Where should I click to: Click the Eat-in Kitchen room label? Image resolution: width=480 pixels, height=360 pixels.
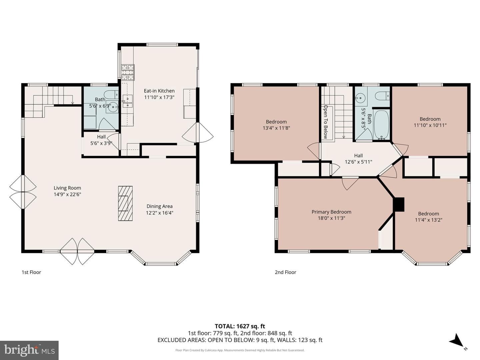coord(159,91)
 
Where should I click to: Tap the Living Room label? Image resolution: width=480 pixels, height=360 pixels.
coord(67,188)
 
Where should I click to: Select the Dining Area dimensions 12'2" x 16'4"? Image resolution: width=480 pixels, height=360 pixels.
coord(159,213)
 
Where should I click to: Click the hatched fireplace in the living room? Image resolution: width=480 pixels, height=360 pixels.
coord(125,203)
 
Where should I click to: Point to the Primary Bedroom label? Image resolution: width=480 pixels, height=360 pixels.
coord(331,212)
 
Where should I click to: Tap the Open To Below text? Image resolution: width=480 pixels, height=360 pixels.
coord(326,122)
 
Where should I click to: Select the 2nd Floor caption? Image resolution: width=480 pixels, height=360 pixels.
coord(285,272)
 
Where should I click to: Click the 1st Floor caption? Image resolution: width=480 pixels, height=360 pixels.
coord(31,272)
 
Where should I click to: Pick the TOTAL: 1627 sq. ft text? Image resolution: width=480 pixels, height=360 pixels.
coord(240,326)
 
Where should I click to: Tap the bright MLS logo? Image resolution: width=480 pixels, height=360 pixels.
coord(29,350)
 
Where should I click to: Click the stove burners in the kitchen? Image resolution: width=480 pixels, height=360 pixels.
coord(128,72)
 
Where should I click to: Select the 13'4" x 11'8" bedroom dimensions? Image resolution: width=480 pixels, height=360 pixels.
coord(276,128)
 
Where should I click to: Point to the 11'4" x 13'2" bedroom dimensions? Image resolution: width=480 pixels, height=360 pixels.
coord(428,220)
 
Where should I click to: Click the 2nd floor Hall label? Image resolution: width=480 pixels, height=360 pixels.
coord(358,156)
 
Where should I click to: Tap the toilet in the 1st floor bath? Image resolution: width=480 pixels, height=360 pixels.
coord(111,95)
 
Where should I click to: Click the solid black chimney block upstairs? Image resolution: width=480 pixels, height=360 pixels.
coord(399,204)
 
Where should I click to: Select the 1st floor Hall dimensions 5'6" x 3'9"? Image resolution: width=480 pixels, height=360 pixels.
coord(101,143)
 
